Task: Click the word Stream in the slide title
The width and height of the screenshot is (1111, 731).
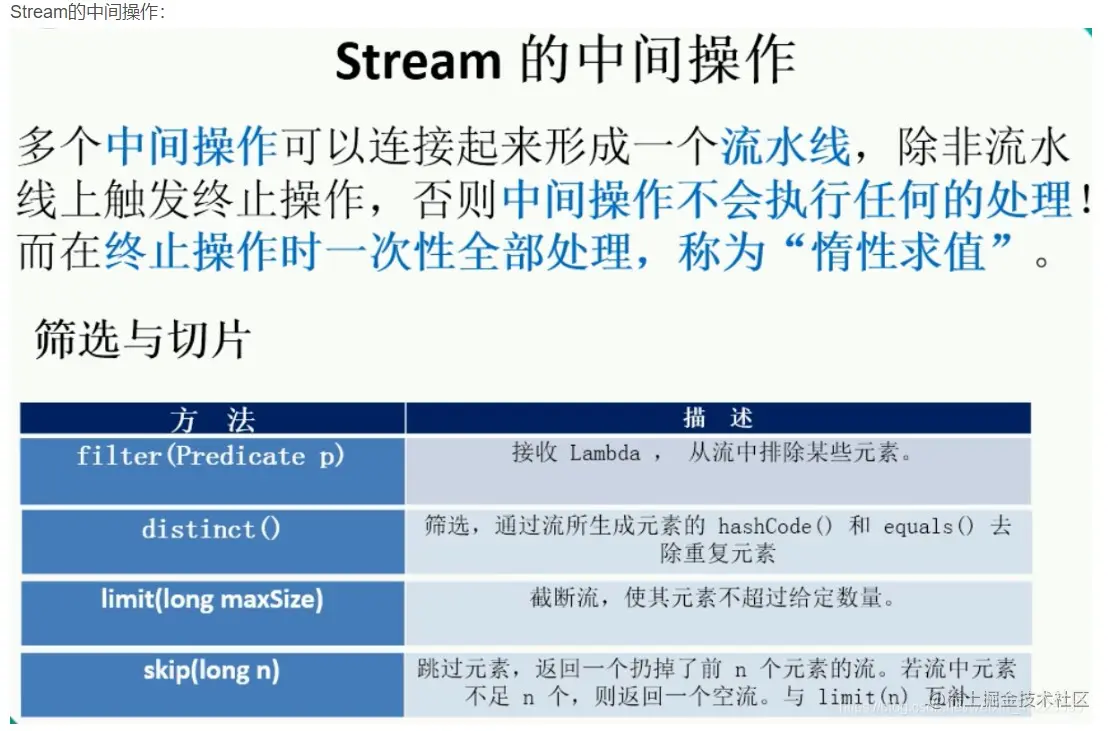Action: point(417,62)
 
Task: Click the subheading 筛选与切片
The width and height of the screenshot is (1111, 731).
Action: point(142,340)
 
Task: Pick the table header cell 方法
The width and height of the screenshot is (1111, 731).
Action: point(212,418)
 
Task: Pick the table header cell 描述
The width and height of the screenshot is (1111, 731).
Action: point(717,418)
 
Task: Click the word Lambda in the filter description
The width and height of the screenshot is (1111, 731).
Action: point(605,454)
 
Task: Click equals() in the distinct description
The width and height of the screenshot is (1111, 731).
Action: point(928,527)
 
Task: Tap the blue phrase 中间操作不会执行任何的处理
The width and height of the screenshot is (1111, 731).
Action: point(786,200)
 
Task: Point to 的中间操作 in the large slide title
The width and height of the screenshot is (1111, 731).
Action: point(657,62)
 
